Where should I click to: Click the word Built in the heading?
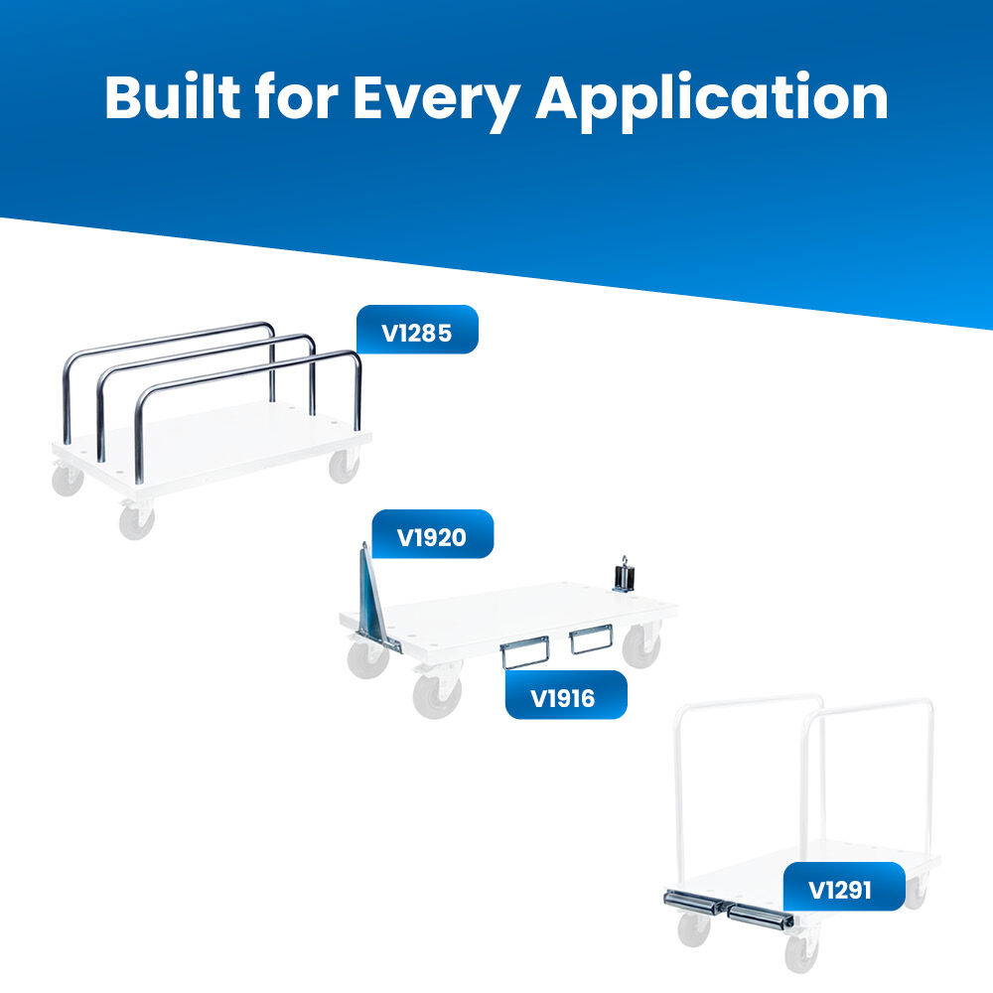(x=172, y=97)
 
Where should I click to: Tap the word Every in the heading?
(x=436, y=101)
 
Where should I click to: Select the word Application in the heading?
(x=712, y=101)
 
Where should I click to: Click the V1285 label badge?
(x=417, y=330)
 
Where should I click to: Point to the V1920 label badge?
(x=432, y=534)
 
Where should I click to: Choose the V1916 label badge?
(x=566, y=695)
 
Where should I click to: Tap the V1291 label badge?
(x=843, y=887)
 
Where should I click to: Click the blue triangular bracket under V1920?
(x=372, y=602)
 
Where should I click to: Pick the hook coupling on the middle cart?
(x=624, y=576)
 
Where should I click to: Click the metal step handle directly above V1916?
(x=524, y=653)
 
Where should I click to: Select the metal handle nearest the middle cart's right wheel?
(x=590, y=638)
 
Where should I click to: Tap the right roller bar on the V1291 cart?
(x=761, y=917)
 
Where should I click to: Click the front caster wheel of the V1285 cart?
(x=137, y=520)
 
